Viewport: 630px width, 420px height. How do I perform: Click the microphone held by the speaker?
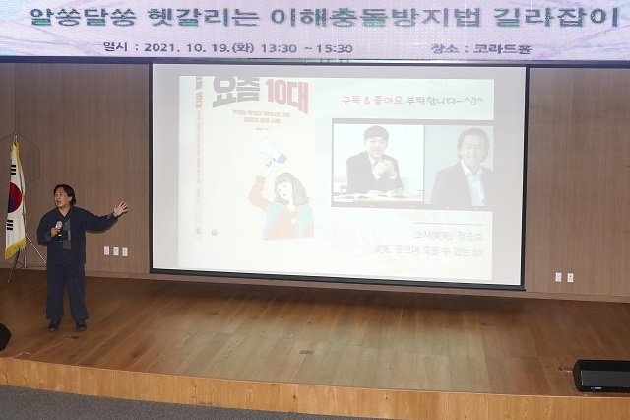point(59,226)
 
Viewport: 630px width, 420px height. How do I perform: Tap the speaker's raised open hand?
point(120,208)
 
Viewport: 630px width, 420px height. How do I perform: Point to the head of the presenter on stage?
point(65,195)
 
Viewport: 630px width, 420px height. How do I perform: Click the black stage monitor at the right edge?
point(601,375)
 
